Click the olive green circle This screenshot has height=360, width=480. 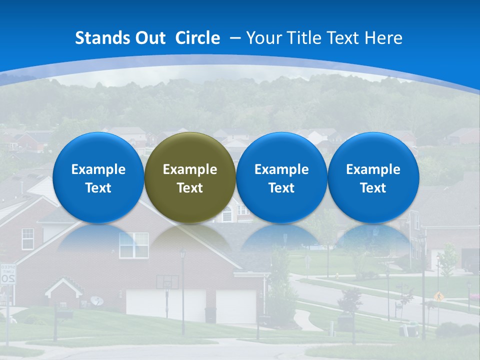(190, 177)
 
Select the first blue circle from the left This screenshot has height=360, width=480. (98, 177)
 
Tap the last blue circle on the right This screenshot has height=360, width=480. (373, 177)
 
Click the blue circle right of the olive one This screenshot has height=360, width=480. (281, 177)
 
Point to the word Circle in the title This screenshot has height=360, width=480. (197, 38)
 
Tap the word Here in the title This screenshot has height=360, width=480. (383, 38)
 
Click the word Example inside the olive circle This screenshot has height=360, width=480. (190, 169)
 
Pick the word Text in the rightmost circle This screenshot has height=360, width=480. (373, 188)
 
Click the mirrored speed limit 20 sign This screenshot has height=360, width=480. (7, 274)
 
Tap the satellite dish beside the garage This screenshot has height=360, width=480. (97, 300)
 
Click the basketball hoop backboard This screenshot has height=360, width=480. (167, 281)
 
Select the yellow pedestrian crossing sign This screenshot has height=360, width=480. (439, 296)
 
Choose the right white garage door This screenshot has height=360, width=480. (236, 305)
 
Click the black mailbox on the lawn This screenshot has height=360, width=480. (64, 314)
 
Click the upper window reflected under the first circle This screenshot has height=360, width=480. (133, 245)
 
